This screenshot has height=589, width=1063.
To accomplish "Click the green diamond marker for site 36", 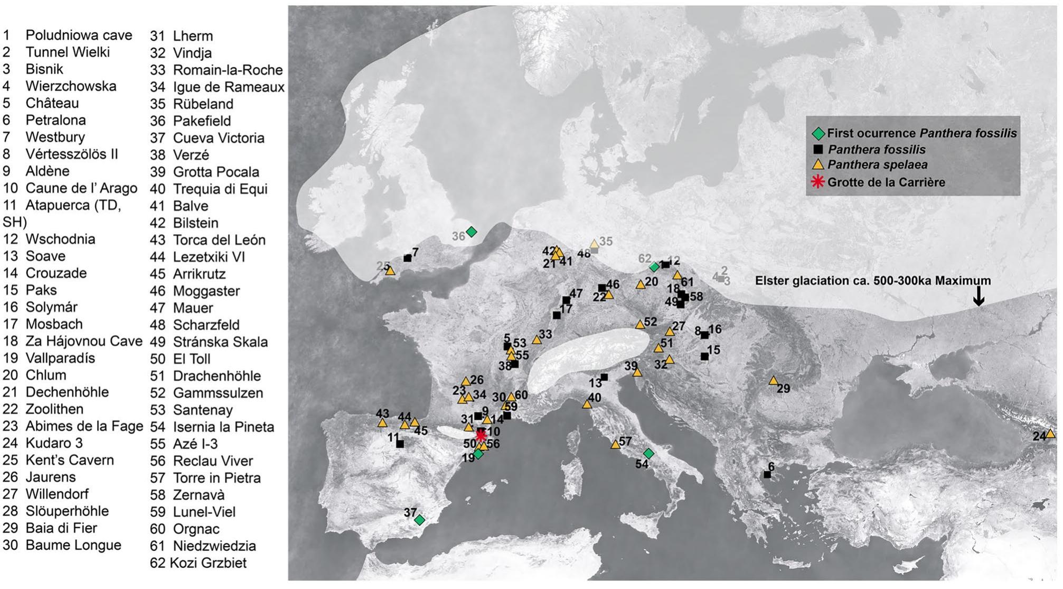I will tap(472, 232).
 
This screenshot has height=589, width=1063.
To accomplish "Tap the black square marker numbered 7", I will tap(407, 258).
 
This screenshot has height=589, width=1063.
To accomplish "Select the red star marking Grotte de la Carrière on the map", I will tap(481, 435).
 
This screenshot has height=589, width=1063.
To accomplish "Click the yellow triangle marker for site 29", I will tap(773, 381).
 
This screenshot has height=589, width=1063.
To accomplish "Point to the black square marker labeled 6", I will tap(767, 475).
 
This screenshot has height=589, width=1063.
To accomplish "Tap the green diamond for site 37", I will tap(419, 520).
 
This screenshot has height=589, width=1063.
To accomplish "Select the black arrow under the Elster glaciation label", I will tap(979, 296).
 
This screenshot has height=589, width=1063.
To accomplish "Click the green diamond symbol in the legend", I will tap(818, 133).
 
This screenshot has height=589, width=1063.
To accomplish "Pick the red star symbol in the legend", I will tap(817, 182).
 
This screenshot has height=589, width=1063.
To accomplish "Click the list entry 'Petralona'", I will tap(55, 120).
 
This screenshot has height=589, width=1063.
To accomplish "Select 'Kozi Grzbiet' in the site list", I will tap(208, 563).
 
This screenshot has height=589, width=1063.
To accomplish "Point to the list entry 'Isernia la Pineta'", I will tap(223, 427).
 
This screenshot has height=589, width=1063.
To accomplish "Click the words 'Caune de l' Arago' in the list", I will tap(81, 188).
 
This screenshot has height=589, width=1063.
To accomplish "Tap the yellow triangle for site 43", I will tap(382, 423).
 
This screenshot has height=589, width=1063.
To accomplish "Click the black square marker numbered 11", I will tap(400, 444).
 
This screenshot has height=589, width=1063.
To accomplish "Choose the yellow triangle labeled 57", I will tap(615, 445).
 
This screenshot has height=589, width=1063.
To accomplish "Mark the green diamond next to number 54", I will tap(648, 454).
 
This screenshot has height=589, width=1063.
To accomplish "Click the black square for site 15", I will tap(704, 356).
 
